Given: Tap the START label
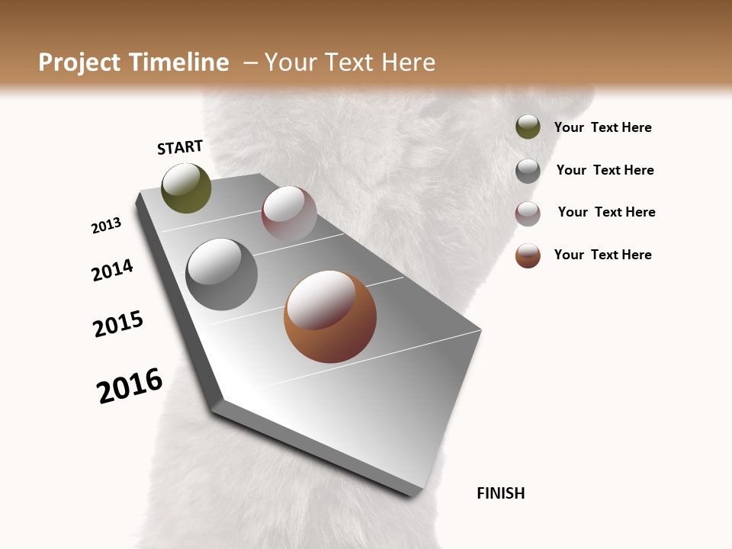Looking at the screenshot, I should coord(180,147).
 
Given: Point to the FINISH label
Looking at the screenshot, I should coord(500,493).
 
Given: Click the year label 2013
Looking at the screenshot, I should coord(106,226).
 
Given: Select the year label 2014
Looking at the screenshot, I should coord(112,270).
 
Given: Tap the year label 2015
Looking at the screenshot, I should coord(118,324).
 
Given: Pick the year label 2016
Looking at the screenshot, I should coord(130,385).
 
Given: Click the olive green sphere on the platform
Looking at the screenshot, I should coord(186,188).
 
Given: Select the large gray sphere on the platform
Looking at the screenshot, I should coord(221,274).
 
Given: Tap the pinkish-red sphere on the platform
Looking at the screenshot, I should coord(289,213).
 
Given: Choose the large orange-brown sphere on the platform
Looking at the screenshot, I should coord(330,316).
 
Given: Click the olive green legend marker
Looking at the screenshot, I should coord(528,127).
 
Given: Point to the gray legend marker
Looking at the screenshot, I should coord(528,171).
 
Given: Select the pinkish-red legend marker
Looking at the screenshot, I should coord(528,213).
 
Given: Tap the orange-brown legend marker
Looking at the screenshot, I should coord(528,255).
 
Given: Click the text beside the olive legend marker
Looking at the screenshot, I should coord(602,127).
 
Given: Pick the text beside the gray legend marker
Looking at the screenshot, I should coord(605,170).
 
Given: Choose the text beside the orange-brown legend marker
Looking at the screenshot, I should coord(602,255).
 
